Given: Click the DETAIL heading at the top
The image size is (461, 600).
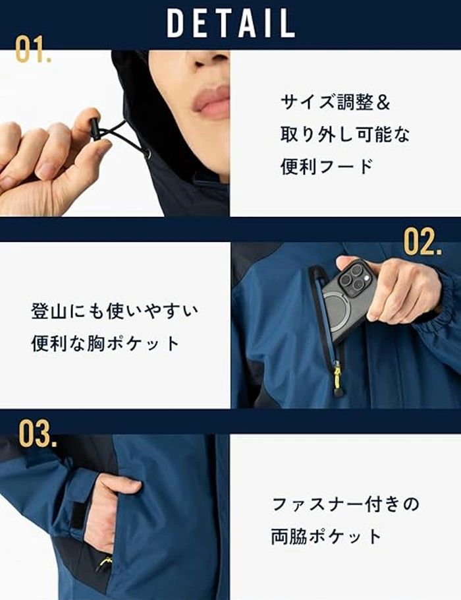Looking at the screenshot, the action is coord(230,23).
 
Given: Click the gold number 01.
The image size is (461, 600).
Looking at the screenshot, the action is coord(33,49).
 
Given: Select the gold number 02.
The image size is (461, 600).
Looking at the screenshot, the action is coord(422,242).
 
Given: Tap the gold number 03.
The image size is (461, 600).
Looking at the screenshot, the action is coord(38,434).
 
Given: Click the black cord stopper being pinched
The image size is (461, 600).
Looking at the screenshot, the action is coord(95,132).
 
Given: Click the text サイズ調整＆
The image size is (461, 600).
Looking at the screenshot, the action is coord(335,103).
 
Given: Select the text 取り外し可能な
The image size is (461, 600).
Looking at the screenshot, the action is coord(345,135).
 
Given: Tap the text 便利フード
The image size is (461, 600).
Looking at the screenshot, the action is coord(327,166).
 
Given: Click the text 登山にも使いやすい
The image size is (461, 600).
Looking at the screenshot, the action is coord(115,311).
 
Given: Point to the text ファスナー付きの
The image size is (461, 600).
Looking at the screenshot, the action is coord(346,504).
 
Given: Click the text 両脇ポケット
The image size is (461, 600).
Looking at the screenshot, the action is coord(327,536).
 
